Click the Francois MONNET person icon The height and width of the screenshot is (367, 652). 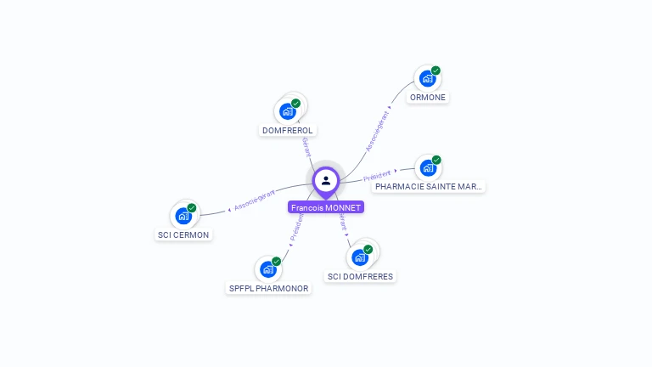pyautogui.click(x=326, y=180)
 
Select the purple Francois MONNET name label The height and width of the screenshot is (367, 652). pyautogui.click(x=326, y=207)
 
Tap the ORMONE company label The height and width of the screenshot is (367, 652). pyautogui.click(x=428, y=97)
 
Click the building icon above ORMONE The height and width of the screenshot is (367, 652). pyautogui.click(x=427, y=78)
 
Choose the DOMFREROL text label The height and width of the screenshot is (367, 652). pyautogui.click(x=288, y=130)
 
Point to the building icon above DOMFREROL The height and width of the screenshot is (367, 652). pyautogui.click(x=288, y=110)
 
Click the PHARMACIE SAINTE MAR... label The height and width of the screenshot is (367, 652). pyautogui.click(x=429, y=186)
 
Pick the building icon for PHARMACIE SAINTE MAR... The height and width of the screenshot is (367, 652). pyautogui.click(x=428, y=167)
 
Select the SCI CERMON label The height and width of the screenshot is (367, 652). pyautogui.click(x=183, y=234)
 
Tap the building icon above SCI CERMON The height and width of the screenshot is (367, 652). pyautogui.click(x=183, y=216)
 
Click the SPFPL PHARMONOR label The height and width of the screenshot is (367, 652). pyautogui.click(x=269, y=288)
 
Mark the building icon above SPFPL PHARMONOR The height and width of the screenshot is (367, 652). pyautogui.click(x=268, y=269)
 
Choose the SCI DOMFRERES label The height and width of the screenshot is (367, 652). pyautogui.click(x=361, y=276)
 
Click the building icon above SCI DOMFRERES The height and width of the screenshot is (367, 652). pyautogui.click(x=360, y=257)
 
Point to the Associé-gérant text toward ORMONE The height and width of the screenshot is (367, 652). pyautogui.click(x=378, y=132)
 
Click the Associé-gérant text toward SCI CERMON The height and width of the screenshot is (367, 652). pyautogui.click(x=254, y=200)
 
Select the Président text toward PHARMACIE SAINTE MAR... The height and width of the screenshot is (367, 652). pyautogui.click(x=378, y=176)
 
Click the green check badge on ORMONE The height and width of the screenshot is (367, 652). pyautogui.click(x=436, y=71)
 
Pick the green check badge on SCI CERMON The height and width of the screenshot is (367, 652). pyautogui.click(x=192, y=208)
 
